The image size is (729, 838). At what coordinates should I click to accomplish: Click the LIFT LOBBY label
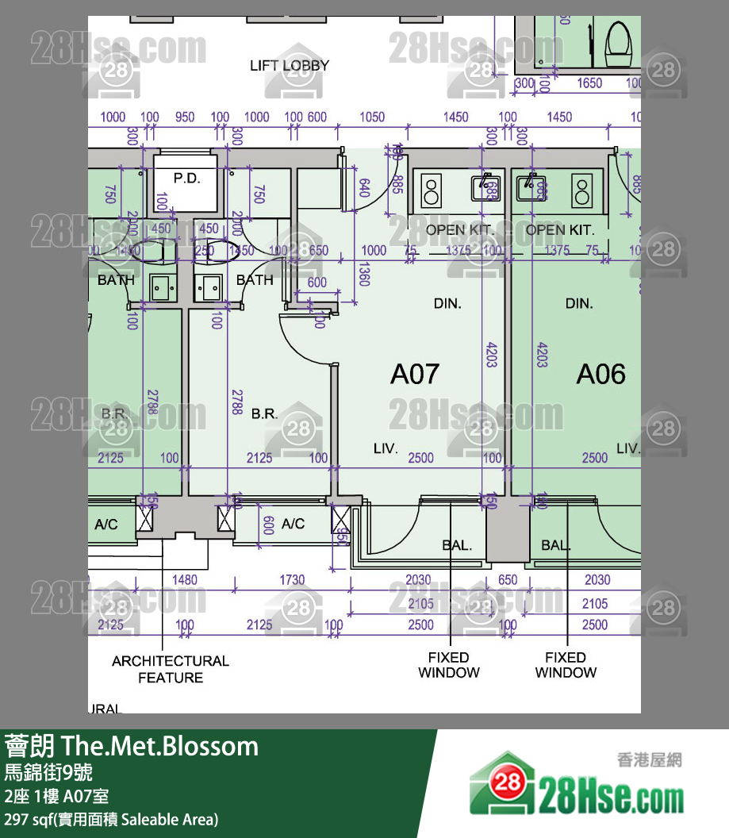(x=289, y=66)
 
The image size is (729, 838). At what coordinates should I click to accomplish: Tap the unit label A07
(x=414, y=374)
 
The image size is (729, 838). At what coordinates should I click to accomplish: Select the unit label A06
(x=600, y=374)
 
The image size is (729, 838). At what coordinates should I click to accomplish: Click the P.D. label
(x=186, y=179)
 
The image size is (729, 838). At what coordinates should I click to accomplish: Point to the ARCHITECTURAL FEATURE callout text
(x=170, y=669)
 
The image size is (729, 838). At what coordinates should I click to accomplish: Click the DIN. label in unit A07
(x=447, y=303)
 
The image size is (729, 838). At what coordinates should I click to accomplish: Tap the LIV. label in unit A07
(x=386, y=448)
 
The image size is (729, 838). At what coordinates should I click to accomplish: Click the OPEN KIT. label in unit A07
(x=459, y=230)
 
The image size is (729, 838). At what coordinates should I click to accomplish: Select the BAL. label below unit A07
(x=457, y=545)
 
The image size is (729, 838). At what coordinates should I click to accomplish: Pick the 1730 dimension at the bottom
(x=291, y=580)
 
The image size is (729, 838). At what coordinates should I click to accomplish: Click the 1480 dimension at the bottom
(x=184, y=580)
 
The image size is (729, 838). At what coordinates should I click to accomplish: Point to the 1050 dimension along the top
(x=372, y=117)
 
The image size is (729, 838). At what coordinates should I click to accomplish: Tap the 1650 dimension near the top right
(x=589, y=83)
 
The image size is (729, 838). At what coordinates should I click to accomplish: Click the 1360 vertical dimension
(x=364, y=274)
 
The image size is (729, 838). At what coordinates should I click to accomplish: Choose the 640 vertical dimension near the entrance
(x=364, y=188)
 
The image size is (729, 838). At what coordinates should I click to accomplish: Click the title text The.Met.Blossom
(x=159, y=747)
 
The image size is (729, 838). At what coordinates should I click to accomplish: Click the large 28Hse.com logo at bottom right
(x=577, y=786)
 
